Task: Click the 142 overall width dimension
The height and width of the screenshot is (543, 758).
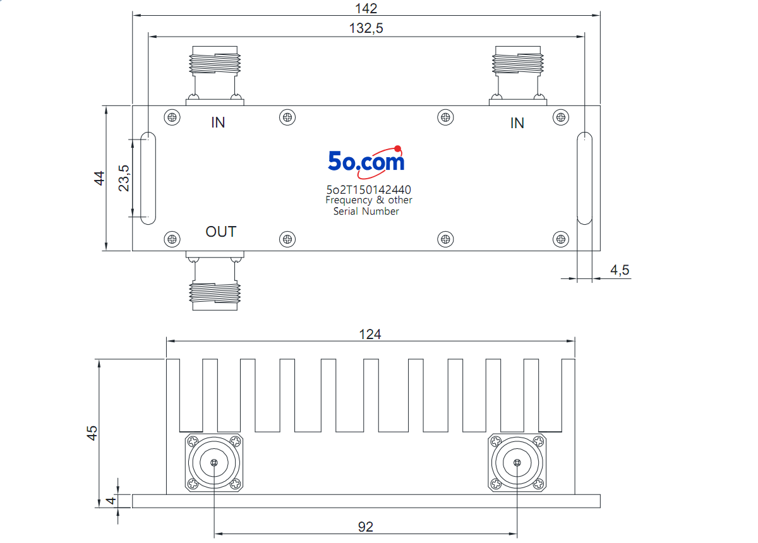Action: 366,8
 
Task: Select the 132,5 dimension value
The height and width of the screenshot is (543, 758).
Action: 366,28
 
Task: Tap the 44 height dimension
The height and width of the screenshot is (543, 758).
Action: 100,178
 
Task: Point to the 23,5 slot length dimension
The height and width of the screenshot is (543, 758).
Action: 124,178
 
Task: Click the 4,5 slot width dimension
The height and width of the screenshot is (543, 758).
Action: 620,270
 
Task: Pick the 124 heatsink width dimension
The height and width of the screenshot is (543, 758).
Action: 370,335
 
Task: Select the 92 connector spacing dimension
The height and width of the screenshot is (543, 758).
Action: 366,527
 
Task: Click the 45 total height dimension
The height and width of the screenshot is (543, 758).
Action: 92,433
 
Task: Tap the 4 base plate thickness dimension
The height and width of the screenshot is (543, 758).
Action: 111,500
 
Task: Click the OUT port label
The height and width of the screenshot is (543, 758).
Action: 220,232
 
